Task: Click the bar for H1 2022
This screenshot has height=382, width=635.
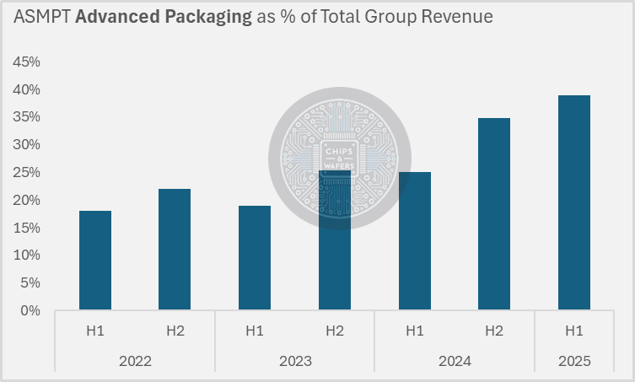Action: [94, 261]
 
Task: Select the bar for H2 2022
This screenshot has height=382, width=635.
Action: [175, 250]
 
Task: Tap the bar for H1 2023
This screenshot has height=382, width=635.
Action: [255, 258]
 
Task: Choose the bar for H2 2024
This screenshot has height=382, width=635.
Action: [494, 214]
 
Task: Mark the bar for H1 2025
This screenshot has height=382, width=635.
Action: [574, 203]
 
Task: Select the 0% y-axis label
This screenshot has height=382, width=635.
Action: [30, 310]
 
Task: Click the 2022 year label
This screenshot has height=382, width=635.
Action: [135, 360]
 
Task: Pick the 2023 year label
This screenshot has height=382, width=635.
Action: [294, 360]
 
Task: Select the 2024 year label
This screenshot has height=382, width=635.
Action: [455, 360]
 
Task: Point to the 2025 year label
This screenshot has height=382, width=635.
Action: [574, 360]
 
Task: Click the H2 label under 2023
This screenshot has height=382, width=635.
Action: [335, 331]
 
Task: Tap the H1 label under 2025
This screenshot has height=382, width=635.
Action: [574, 331]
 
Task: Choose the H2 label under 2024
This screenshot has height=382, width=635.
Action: [494, 331]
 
